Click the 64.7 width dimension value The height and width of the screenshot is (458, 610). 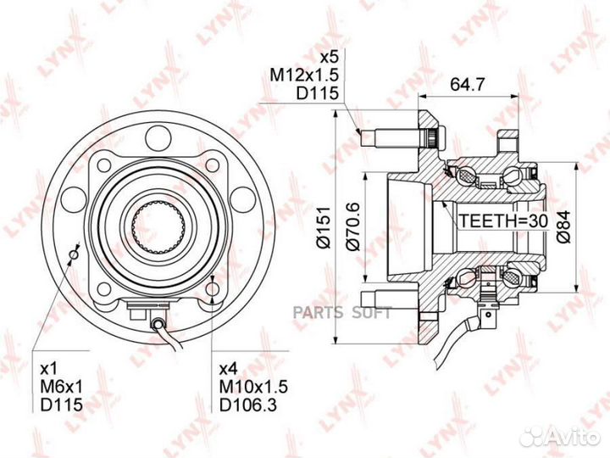467,84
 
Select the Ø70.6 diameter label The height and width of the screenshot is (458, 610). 353,227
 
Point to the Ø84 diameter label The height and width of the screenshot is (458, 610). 563,226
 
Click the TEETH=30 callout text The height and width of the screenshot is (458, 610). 504,221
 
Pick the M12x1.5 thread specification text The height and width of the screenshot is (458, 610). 305,75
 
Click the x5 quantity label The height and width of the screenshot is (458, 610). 329,58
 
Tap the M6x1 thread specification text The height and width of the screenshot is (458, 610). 62,387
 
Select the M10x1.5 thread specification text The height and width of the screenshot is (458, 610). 253,387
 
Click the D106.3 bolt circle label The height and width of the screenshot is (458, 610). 248,405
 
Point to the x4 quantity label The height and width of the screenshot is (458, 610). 230,368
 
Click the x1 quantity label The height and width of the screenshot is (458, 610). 49,368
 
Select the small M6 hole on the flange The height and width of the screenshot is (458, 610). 74,254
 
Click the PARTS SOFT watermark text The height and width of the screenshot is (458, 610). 342,312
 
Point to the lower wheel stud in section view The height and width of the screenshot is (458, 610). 390,299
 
